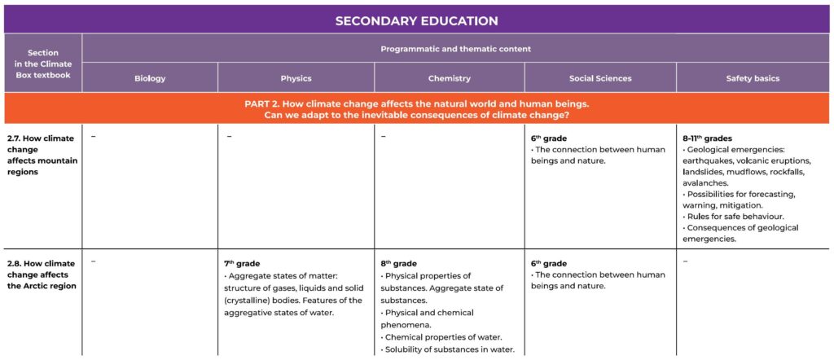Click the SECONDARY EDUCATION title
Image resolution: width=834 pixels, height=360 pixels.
tap(416, 20)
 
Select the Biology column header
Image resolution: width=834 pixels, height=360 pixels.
tap(150, 78)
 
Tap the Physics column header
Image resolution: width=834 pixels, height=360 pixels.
tap(296, 78)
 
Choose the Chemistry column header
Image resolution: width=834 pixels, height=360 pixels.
tap(449, 78)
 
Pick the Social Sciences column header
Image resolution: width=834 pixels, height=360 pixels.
tap(600, 78)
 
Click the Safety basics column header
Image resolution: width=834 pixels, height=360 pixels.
tap(753, 78)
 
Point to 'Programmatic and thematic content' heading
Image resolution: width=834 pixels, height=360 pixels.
tap(455, 49)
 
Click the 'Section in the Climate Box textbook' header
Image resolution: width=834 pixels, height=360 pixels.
tap(43, 64)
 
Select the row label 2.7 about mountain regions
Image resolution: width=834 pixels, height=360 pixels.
tap(42, 155)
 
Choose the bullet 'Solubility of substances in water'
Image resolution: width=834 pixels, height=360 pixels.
tap(449, 350)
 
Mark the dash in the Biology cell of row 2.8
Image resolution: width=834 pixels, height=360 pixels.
tap(94, 261)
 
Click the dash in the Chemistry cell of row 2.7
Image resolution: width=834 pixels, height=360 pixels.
tap(383, 136)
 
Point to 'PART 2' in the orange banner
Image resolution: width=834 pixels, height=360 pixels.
tap(266, 103)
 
